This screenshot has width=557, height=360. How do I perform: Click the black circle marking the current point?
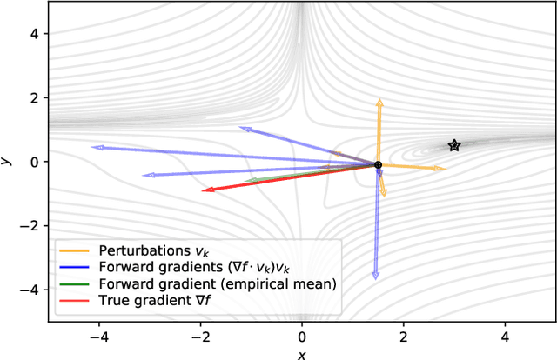[x=378, y=164]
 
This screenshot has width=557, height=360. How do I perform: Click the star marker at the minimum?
[x=453, y=145]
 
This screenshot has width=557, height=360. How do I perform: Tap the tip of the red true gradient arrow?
[x=203, y=190]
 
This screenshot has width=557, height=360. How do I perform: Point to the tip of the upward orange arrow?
[x=379, y=100]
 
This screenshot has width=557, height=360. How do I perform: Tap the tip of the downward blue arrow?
[x=375, y=277]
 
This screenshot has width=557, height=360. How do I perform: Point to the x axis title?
[x=302, y=353]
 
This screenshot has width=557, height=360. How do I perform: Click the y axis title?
[x=7, y=161]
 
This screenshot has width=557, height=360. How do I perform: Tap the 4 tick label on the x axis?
[x=505, y=336]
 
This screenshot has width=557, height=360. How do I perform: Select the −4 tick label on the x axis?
[x=97, y=336]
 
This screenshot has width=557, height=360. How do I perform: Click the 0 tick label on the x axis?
[x=302, y=336]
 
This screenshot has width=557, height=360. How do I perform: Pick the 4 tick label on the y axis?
[x=33, y=33]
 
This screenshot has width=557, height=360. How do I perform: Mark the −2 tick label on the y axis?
[x=30, y=225]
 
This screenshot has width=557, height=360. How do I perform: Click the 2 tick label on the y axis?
[x=33, y=97]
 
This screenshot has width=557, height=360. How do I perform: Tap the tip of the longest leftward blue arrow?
[x=92, y=147]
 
